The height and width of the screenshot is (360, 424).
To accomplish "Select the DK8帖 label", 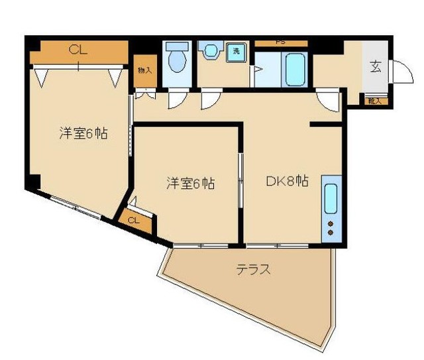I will coord(287,180).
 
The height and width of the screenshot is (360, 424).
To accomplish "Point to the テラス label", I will coord(255,270).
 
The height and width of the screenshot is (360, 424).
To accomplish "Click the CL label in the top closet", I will coord(78,49).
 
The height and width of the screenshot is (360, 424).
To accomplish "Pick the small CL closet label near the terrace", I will coord(133,221).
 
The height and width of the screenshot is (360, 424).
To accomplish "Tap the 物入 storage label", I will coord(144,70).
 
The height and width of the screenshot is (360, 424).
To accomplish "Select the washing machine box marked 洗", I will coord(235,52).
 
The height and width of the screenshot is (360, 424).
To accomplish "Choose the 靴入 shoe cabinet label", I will coord(374,101).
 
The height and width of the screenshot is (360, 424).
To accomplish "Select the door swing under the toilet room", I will coord(176,99).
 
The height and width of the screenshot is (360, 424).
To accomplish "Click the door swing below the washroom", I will coord(209,101).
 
